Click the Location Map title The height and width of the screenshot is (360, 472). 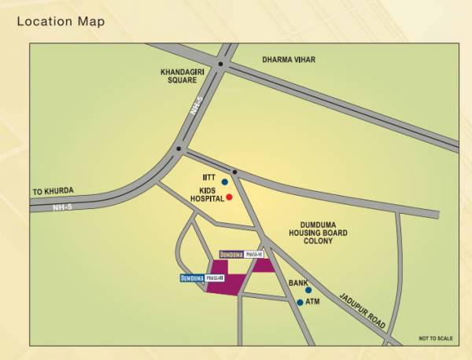(x=61, y=21)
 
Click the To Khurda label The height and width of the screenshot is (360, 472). (x=52, y=191)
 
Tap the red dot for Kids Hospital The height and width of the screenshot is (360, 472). (x=229, y=197)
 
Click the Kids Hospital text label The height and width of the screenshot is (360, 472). (x=206, y=197)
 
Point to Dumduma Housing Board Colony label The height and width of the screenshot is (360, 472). (x=318, y=233)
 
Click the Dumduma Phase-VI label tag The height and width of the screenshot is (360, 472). (x=245, y=255)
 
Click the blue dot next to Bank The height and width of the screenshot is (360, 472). (x=308, y=290)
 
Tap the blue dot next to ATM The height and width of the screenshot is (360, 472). (x=300, y=302)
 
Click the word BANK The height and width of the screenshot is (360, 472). (x=297, y=283)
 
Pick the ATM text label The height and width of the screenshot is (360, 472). (x=312, y=302)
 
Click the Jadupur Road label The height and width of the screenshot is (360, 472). (x=363, y=312)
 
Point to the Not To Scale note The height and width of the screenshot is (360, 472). (x=436, y=339)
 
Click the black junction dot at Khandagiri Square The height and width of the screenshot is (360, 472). (x=221, y=64)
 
